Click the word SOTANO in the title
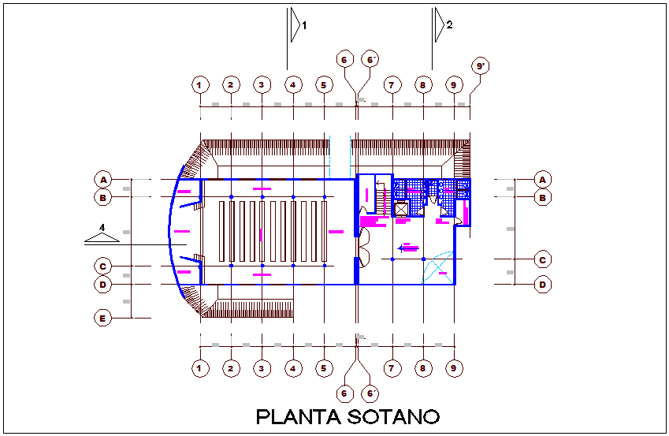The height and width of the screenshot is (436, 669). point(392,416)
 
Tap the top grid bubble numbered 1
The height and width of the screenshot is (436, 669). point(200,84)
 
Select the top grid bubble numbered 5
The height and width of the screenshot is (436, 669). point(323,84)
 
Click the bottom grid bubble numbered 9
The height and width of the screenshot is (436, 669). point(453,367)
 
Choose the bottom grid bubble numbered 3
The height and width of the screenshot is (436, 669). point(262,367)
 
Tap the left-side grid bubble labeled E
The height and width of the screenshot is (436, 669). point(102,319)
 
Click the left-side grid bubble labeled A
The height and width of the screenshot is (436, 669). point(102,179)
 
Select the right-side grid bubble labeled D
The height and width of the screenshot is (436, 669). point(542,285)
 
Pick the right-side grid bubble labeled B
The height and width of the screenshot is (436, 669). point(542,197)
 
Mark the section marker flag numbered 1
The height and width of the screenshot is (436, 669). point(295,24)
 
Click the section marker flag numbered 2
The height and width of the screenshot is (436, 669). point(440,24)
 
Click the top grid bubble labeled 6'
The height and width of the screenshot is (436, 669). point(370,59)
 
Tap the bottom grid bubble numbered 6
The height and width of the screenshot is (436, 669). point(344,393)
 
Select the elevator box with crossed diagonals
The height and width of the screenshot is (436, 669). point(400,210)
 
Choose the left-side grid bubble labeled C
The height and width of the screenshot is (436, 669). point(102,266)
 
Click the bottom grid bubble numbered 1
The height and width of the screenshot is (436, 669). point(200,367)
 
